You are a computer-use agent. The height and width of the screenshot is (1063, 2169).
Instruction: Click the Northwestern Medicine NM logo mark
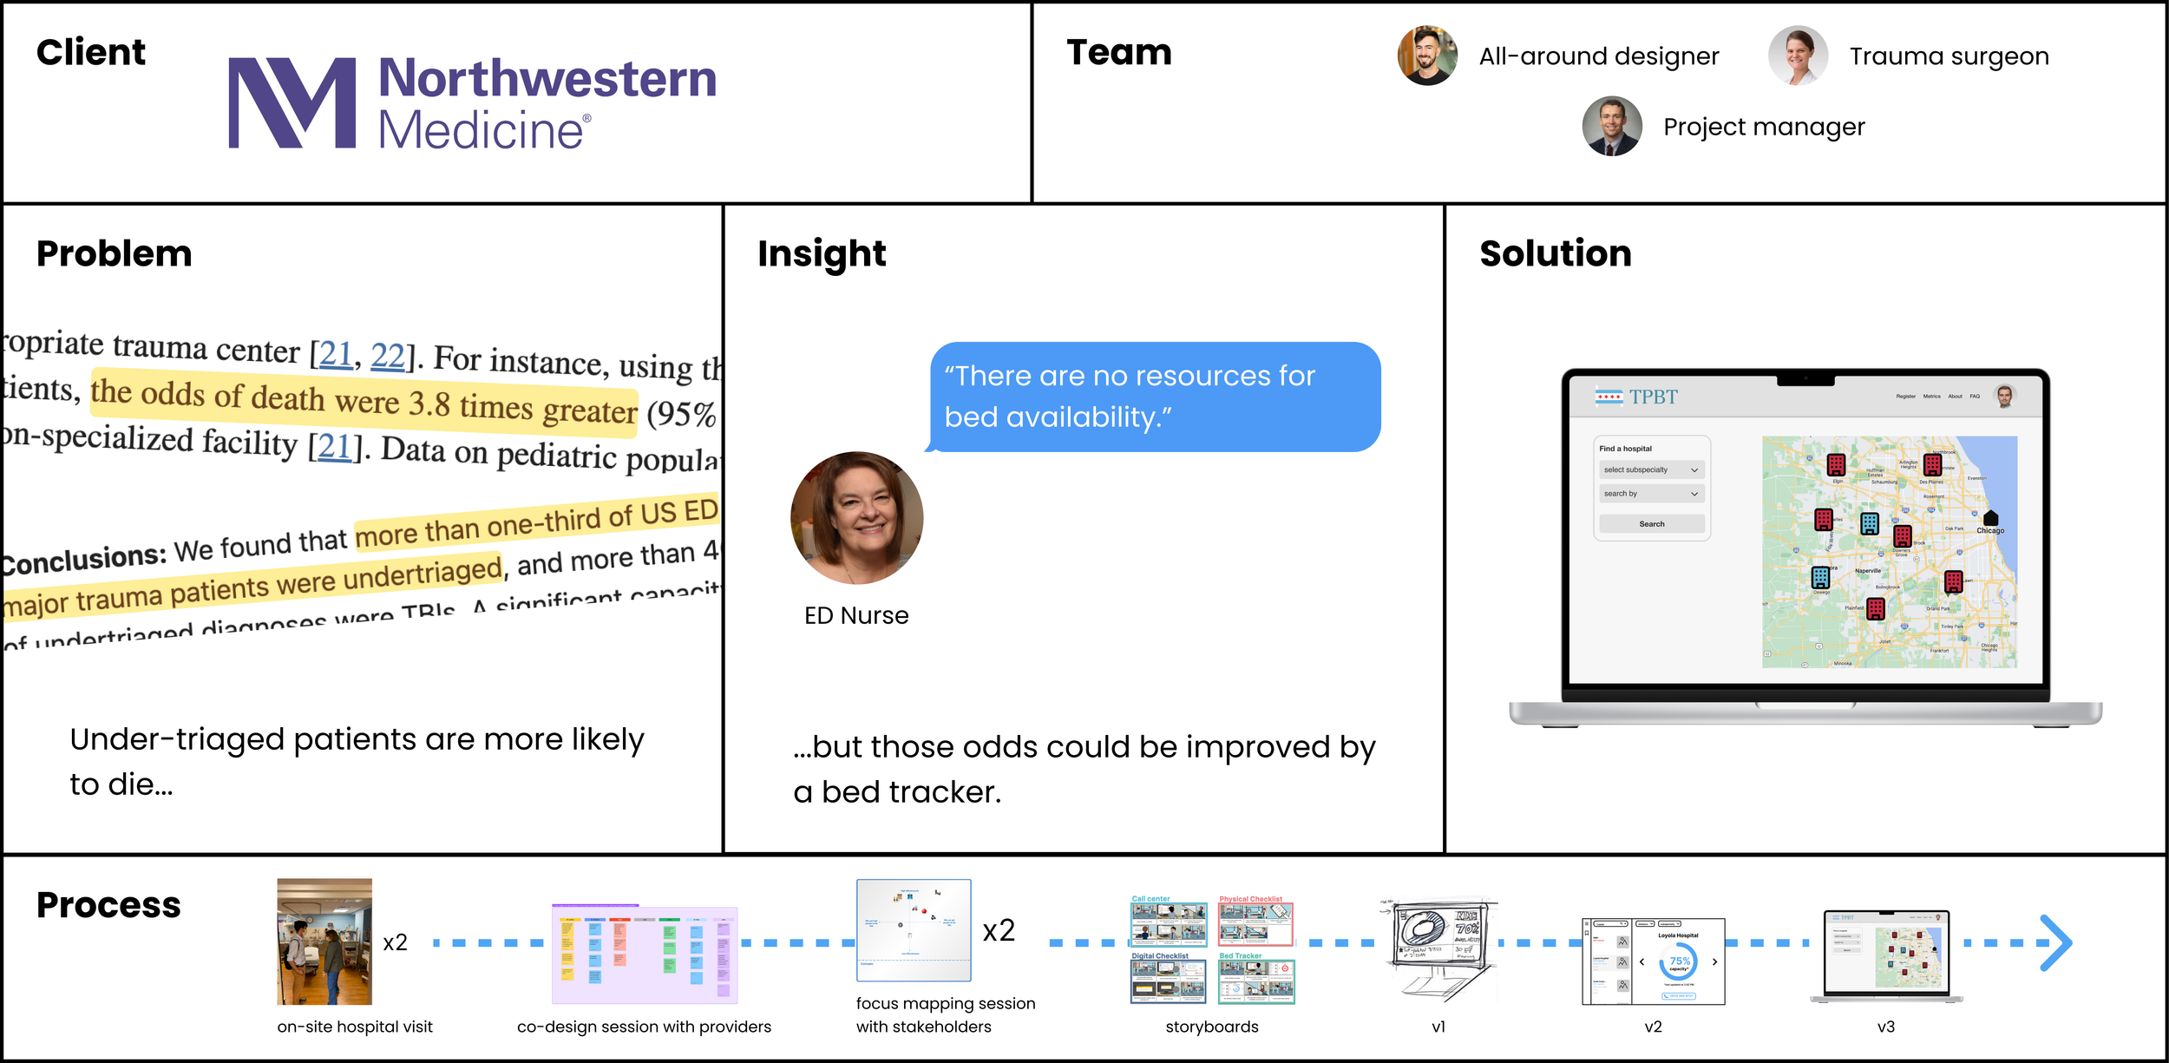pos(292,103)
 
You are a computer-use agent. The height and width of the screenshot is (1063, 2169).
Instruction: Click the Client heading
pos(91,52)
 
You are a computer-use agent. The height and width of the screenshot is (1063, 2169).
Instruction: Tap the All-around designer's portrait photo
pos(1427,56)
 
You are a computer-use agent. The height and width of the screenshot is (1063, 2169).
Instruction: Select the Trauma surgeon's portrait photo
pos(1798,56)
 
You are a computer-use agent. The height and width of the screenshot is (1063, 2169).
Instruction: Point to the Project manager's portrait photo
pos(1612,127)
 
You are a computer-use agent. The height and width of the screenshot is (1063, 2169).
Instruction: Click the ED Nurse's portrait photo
pos(856,518)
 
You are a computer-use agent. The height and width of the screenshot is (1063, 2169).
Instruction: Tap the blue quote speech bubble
pos(1154,397)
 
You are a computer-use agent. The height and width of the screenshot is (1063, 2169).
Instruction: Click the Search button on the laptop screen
pos(1651,524)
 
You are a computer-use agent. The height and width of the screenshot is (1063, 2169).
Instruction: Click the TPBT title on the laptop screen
pos(1653,397)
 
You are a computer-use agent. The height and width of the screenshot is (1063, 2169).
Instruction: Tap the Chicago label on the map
pos(1990,530)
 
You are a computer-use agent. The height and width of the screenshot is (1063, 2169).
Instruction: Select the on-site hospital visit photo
pos(324,942)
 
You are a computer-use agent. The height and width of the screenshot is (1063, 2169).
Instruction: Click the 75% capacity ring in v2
pos(1679,961)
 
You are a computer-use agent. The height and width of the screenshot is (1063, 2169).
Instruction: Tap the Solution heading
pos(1555,253)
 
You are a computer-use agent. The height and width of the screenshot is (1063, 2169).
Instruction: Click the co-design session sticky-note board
pos(645,954)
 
